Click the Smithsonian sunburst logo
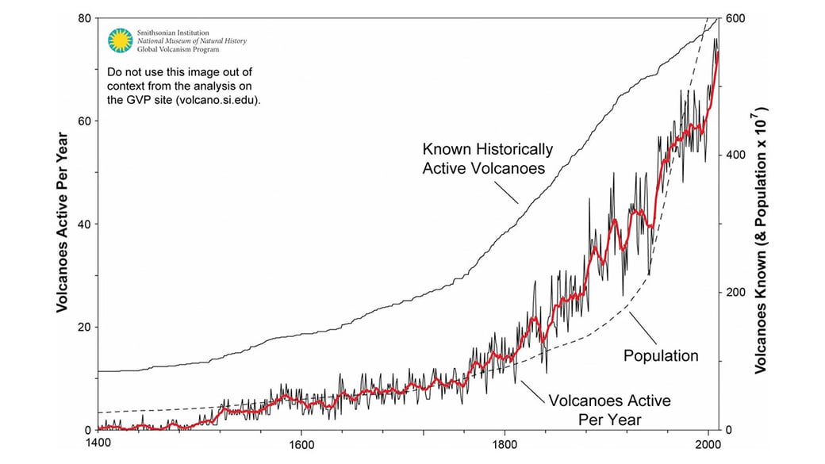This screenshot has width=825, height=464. (121, 40)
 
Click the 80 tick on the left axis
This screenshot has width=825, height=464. (85, 18)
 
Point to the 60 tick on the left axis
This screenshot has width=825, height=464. (85, 121)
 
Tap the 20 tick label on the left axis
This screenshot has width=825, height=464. (85, 327)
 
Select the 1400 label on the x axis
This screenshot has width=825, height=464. (98, 443)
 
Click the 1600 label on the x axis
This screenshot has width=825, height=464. (301, 444)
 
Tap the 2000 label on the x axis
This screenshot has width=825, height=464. (708, 444)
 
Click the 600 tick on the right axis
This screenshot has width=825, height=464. (735, 18)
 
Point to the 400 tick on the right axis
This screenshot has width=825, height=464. (735, 155)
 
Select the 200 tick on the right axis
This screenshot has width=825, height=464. (735, 293)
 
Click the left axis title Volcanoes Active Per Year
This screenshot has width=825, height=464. (63, 223)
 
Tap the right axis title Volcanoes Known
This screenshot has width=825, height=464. (761, 240)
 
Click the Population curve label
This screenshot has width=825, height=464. (661, 355)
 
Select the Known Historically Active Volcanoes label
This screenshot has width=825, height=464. (488, 159)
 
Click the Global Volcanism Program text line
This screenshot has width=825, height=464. (178, 49)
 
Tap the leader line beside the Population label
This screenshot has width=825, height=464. (643, 328)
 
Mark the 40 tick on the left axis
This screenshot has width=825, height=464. (85, 224)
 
